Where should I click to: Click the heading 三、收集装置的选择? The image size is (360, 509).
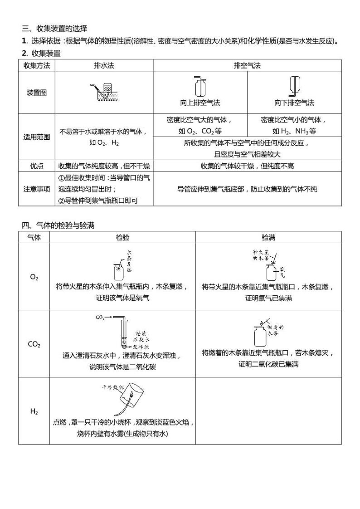click(54, 28)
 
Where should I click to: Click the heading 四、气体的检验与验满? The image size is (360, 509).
click(58, 225)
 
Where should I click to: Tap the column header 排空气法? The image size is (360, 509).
click(247, 65)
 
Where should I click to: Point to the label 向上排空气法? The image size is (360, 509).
click(200, 103)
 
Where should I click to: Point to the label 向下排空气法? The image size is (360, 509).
click(294, 103)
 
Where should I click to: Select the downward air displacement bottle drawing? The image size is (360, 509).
click(294, 85)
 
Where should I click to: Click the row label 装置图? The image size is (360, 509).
click(36, 93)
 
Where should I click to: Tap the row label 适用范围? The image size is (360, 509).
click(36, 137)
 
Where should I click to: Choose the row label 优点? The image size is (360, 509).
click(36, 166)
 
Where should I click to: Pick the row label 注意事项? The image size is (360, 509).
click(36, 189)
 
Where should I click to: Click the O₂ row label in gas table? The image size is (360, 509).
click(34, 277)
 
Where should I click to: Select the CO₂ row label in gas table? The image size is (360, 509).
click(34, 344)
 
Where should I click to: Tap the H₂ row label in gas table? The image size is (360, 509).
click(34, 411)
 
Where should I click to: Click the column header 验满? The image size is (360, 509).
click(268, 237)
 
